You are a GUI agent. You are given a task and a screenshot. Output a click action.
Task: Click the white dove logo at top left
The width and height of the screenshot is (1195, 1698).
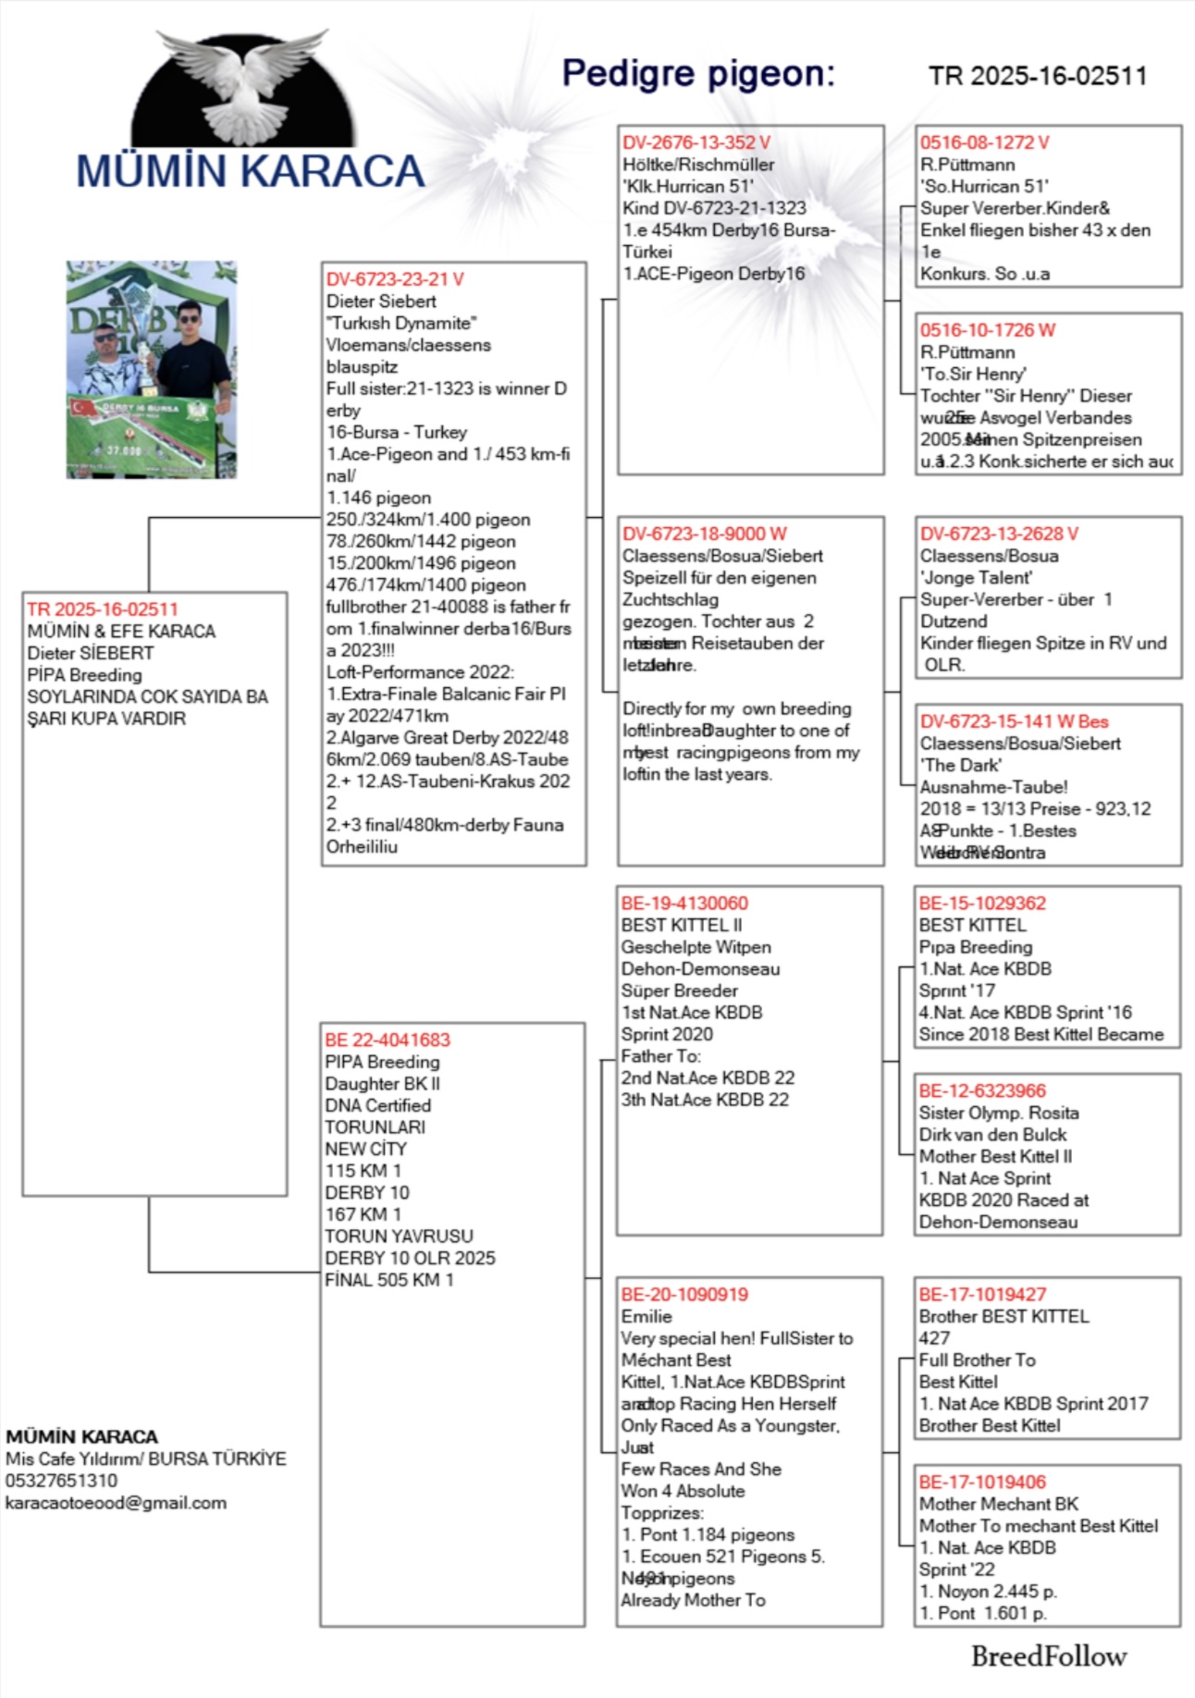(242, 88)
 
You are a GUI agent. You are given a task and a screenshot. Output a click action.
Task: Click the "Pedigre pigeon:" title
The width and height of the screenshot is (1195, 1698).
(698, 73)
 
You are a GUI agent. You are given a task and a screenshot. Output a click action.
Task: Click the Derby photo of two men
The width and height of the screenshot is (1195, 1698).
(151, 370)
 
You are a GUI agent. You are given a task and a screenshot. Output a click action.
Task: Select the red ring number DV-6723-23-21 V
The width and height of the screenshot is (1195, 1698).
(395, 279)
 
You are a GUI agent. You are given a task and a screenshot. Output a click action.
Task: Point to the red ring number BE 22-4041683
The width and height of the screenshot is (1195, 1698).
(388, 1040)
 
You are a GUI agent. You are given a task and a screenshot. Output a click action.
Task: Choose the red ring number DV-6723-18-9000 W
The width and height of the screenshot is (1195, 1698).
(705, 534)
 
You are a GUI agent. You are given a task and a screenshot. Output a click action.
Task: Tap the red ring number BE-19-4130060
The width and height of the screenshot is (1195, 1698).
(684, 904)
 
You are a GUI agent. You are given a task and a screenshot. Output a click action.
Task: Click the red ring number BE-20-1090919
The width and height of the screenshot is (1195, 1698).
(684, 1295)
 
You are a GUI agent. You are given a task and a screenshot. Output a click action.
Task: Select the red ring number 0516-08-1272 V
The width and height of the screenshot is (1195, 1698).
(984, 142)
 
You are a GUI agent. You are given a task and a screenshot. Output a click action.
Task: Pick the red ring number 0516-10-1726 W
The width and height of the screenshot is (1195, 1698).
(987, 330)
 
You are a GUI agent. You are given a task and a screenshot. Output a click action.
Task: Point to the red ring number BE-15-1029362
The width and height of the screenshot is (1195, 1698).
(982, 904)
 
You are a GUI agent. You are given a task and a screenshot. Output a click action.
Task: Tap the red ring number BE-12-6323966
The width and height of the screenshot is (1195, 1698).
(983, 1091)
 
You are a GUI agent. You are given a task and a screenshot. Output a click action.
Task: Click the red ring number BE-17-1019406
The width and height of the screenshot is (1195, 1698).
(982, 1483)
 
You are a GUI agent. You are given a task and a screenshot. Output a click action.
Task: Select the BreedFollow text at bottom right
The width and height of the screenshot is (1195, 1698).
(1049, 1656)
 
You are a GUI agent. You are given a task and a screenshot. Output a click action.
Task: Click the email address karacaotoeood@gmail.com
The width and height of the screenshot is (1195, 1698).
(116, 1503)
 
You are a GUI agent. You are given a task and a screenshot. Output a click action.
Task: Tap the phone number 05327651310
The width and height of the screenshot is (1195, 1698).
(61, 1481)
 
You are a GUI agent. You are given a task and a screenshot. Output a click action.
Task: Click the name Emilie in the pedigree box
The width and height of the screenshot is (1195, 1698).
(647, 1316)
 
